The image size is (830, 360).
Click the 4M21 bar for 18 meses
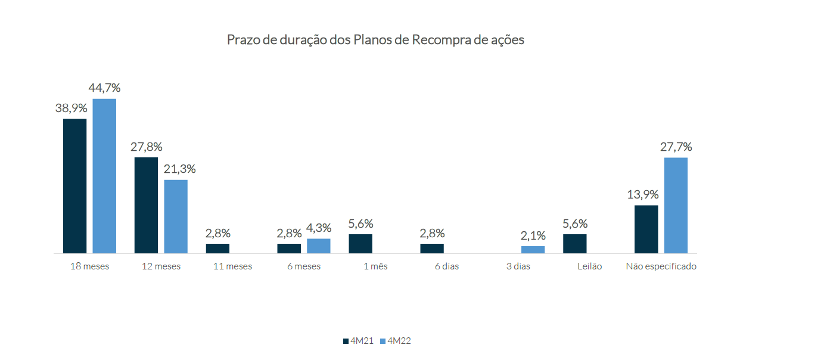[x=75, y=186]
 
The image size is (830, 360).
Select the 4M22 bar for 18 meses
[x=104, y=176]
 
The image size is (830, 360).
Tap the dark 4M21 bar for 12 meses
[x=146, y=205]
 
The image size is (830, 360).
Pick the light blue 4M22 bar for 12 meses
[x=176, y=216]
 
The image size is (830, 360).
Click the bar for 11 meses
[x=217, y=249]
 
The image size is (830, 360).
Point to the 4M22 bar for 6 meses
[x=319, y=246]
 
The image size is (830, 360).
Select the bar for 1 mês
[x=360, y=244]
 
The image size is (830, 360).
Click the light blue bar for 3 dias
[x=533, y=250]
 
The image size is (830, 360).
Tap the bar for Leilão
[x=574, y=244]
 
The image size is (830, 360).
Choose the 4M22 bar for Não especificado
[x=676, y=205]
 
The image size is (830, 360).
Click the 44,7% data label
[x=104, y=88]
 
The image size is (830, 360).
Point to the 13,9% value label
[x=642, y=194]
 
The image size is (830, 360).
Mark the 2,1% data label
[x=533, y=235]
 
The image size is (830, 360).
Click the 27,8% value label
[x=147, y=147]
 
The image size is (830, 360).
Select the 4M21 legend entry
[x=358, y=341]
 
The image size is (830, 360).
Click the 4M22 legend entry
[x=395, y=341]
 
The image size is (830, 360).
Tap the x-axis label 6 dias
[x=447, y=266]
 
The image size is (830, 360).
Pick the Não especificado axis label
[x=661, y=266]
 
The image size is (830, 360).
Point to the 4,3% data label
[x=319, y=228]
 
